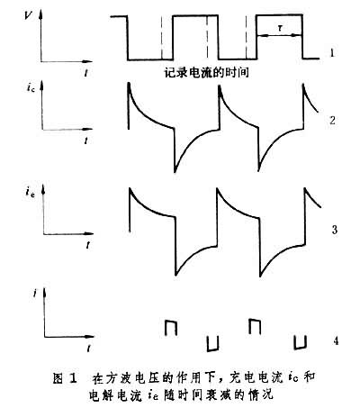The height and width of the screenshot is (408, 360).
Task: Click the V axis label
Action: click(x=29, y=15)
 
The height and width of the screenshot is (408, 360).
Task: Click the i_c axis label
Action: click(x=31, y=88)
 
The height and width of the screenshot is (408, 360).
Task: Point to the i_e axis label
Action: click(x=31, y=192)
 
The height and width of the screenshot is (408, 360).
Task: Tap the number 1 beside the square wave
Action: click(x=331, y=53)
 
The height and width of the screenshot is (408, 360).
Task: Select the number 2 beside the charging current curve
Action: click(x=332, y=120)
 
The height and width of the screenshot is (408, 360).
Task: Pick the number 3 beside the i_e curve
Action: click(x=334, y=230)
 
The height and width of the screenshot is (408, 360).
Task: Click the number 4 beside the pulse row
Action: click(x=336, y=340)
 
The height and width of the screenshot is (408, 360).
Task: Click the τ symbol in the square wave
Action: click(x=280, y=28)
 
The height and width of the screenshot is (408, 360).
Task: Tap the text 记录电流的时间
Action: click(x=207, y=73)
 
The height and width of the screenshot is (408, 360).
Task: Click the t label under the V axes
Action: click(x=86, y=72)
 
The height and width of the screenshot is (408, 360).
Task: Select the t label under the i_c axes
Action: click(x=86, y=141)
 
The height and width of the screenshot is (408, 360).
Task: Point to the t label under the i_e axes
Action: click(x=87, y=245)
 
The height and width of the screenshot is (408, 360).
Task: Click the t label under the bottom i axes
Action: click(x=88, y=349)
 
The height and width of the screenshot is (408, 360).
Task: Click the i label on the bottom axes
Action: click(x=35, y=294)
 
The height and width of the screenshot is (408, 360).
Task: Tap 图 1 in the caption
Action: click(x=66, y=378)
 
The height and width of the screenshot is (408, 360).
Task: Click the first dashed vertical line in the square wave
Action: click(x=161, y=37)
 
